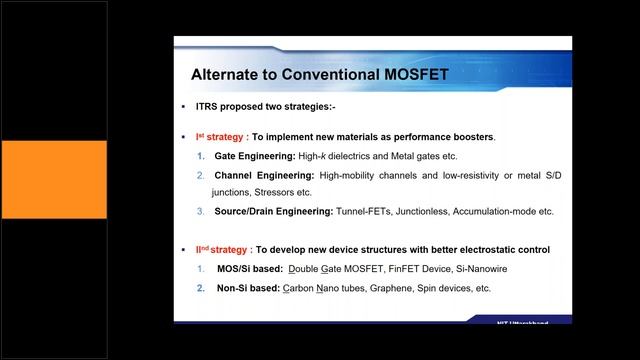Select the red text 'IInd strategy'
point(221,249)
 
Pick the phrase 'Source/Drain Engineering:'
point(272,211)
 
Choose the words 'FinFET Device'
point(408,268)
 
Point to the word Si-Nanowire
point(468,268)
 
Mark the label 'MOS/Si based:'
point(248,268)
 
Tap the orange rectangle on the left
point(53,180)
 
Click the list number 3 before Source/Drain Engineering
point(200,211)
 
